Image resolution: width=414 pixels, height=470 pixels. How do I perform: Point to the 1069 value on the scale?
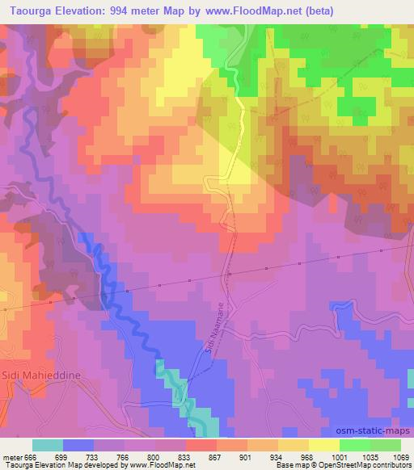coord(401,456)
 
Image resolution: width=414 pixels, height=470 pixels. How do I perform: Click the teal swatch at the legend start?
coord(48,445)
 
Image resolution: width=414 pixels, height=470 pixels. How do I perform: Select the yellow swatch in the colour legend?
coord(323,445)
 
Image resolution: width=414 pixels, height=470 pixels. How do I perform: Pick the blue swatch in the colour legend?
coord(78,445)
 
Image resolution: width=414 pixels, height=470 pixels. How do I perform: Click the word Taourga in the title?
coord(25,9)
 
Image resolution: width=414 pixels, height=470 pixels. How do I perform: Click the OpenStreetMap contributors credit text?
coord(353,465)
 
